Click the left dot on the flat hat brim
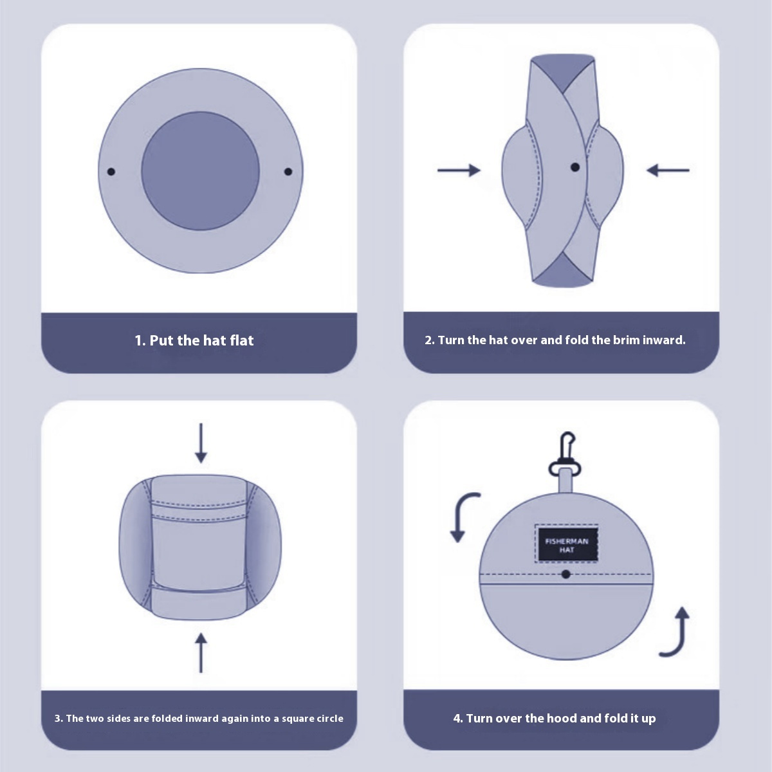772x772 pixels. coord(111,172)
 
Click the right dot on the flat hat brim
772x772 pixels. coord(288,172)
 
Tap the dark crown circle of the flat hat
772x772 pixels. coord(200,171)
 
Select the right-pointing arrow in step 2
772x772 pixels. coord(459,170)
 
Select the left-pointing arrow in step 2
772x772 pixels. coord(668,170)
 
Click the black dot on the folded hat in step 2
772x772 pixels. coord(575,167)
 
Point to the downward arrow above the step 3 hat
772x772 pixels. coord(201,443)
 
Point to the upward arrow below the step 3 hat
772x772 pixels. coord(201,652)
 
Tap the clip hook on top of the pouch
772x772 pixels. coord(565,453)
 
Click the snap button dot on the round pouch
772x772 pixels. coord(565,574)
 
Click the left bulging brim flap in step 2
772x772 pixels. coord(521,176)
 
